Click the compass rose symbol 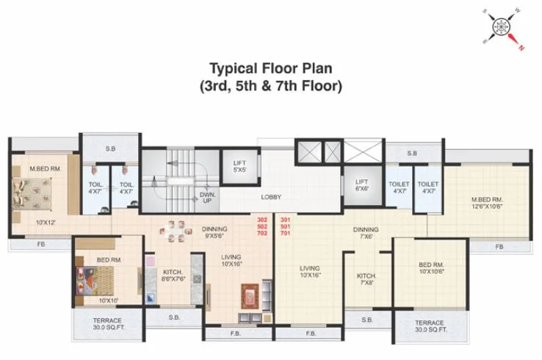[503, 27]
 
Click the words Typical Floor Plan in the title [271, 68]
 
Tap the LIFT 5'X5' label [239, 166]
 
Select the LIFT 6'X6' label [361, 185]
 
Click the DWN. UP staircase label [206, 198]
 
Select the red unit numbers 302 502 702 [262, 226]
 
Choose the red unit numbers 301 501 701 [286, 226]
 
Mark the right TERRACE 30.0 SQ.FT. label [430, 326]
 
